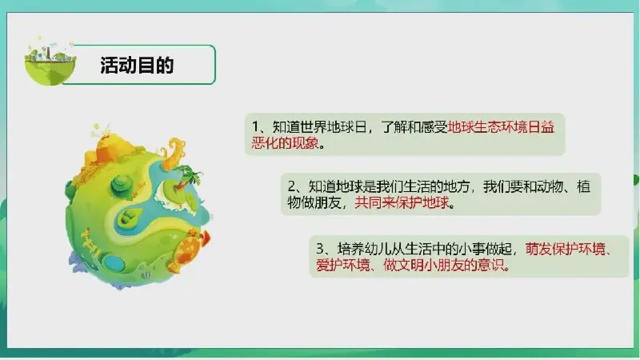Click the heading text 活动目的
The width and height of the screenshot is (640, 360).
[137, 66]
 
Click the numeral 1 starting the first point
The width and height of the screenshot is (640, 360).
[255, 127]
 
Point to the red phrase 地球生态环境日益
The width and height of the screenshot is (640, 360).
[501, 127]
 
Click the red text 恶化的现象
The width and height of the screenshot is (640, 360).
[285, 143]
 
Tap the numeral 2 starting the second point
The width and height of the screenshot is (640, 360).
[292, 186]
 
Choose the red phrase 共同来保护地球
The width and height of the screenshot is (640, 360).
[402, 202]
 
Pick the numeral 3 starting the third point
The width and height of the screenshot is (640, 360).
[321, 249]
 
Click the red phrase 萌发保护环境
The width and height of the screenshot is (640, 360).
[566, 249]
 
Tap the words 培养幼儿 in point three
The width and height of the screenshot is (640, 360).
[364, 249]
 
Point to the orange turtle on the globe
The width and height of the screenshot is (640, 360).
[189, 250]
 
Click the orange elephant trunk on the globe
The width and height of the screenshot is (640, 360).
[174, 154]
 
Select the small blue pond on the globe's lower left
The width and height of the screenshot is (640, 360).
[111, 262]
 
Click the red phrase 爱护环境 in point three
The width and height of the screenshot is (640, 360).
[342, 265]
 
